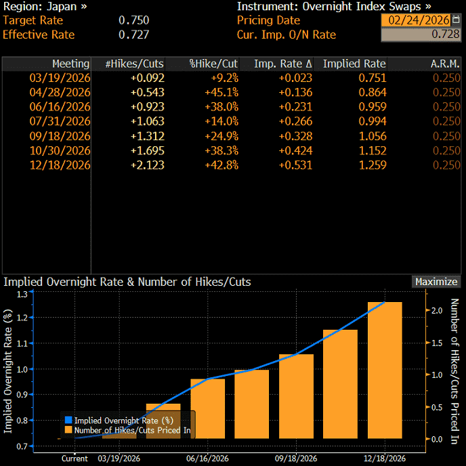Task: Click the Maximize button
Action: click(x=436, y=282)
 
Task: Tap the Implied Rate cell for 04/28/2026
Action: click(x=373, y=92)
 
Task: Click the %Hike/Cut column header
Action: click(x=213, y=64)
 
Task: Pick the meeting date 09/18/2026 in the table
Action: click(x=60, y=136)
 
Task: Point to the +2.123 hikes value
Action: click(x=148, y=165)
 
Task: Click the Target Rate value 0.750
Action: click(x=133, y=20)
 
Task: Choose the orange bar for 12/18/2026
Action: click(x=385, y=370)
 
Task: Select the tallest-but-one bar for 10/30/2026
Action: click(x=340, y=384)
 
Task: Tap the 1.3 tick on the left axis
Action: click(x=22, y=294)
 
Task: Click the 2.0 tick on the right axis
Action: click(x=437, y=311)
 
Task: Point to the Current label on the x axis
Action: click(x=75, y=459)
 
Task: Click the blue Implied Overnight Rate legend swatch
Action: click(x=68, y=420)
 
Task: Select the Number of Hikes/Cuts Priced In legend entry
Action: click(x=128, y=430)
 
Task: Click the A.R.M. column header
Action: click(x=445, y=64)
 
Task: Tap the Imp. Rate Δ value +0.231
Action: click(x=295, y=107)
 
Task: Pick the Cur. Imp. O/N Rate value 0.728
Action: click(x=446, y=34)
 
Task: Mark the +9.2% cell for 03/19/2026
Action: click(x=225, y=78)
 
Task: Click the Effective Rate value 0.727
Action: click(x=133, y=35)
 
